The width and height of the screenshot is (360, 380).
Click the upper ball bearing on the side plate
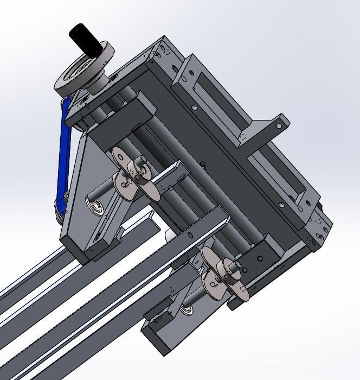click(x=97, y=205)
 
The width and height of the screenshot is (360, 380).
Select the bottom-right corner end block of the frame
click(x=320, y=228)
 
